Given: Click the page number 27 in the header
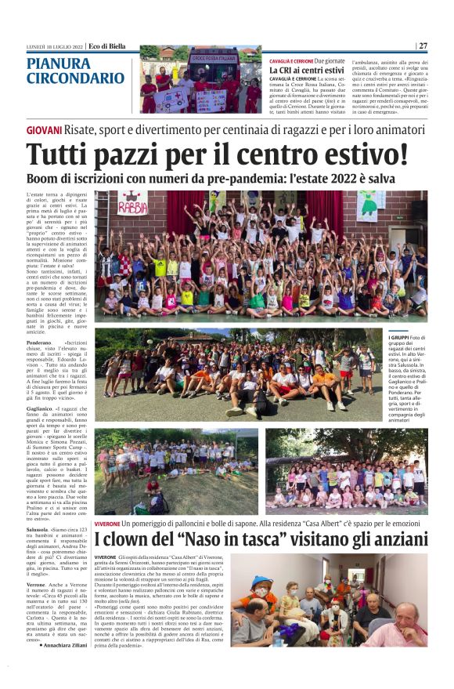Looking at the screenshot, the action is pyautogui.click(x=423, y=45).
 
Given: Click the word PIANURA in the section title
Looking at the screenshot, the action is pyautogui.click(x=58, y=63).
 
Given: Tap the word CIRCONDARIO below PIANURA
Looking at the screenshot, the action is pyautogui.click(x=75, y=78).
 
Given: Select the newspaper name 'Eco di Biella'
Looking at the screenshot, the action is pyautogui.click(x=108, y=45).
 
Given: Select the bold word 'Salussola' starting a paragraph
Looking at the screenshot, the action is pyautogui.click(x=39, y=531).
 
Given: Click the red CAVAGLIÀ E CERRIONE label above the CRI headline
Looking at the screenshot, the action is pyautogui.click(x=291, y=60).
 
